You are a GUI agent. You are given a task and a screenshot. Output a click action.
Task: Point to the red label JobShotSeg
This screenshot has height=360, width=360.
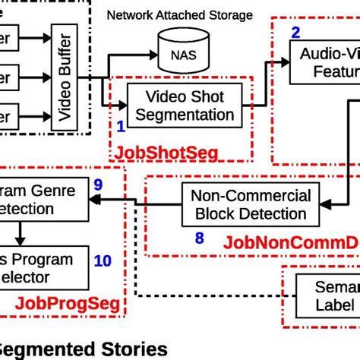pyautogui.click(x=166, y=153)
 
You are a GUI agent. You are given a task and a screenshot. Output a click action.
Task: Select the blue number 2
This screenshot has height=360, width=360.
pyautogui.click(x=295, y=32)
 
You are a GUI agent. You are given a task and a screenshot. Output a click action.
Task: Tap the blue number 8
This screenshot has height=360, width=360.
pyautogui.click(x=200, y=238)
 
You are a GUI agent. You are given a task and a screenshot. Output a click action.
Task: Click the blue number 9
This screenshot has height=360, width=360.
pyautogui.click(x=97, y=185)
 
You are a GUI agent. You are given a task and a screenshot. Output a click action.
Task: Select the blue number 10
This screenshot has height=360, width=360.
pyautogui.click(x=102, y=261)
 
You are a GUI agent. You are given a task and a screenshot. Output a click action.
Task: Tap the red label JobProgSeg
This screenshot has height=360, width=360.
pyautogui.click(x=67, y=305)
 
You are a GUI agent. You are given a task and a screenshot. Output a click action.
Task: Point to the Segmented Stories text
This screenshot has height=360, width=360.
pyautogui.click(x=84, y=349)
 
